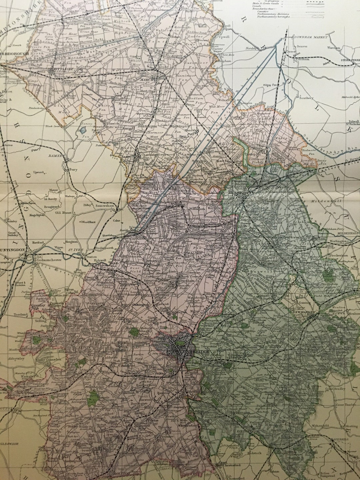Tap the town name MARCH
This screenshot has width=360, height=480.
click(146, 80)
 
